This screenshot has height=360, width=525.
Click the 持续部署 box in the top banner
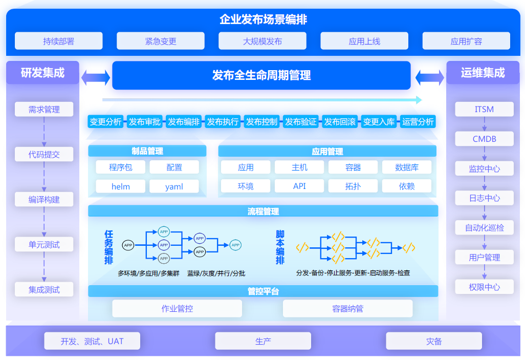58,41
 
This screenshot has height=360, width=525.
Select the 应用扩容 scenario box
466,41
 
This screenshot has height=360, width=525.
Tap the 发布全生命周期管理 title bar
261,75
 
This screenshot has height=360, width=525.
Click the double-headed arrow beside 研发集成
96,78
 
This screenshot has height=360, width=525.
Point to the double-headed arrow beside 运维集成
429,78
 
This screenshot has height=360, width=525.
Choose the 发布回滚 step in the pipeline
339,122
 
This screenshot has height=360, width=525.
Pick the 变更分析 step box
105,122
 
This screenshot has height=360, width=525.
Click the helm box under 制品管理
121,186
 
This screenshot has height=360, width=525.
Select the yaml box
174,186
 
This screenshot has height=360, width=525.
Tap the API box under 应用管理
299,186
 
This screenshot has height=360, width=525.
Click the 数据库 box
407,167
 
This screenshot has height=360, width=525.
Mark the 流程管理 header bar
263,211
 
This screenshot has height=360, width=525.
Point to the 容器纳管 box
347,308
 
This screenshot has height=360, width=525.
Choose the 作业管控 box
177,308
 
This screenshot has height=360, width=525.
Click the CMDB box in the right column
484,139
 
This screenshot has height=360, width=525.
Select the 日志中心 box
484,198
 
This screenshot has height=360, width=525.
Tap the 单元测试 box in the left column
44,245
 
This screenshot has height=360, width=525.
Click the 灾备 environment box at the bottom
433,341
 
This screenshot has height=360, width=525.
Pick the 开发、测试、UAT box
92,341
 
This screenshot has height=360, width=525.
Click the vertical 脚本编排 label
280,247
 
